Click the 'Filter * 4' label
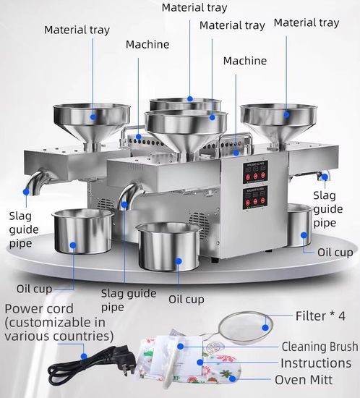click(x=320, y=316)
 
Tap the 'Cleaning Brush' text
click(x=320, y=347)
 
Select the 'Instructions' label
click(x=316, y=363)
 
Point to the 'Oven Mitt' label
click(x=304, y=380)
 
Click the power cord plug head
click(x=125, y=358)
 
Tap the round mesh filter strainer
click(x=246, y=328)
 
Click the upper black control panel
click(x=255, y=172)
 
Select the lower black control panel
click(x=255, y=198)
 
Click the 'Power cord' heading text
click(x=39, y=309)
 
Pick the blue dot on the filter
click(x=265, y=328)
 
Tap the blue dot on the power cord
click(x=84, y=356)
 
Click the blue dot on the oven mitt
click(x=232, y=379)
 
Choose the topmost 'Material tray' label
click(x=194, y=8)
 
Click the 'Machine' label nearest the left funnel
click(x=147, y=45)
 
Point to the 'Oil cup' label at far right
click(x=335, y=253)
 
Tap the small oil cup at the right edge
click(x=300, y=225)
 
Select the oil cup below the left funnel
click(x=83, y=231)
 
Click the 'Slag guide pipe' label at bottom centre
click(x=129, y=300)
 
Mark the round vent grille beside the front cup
click(x=200, y=224)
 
